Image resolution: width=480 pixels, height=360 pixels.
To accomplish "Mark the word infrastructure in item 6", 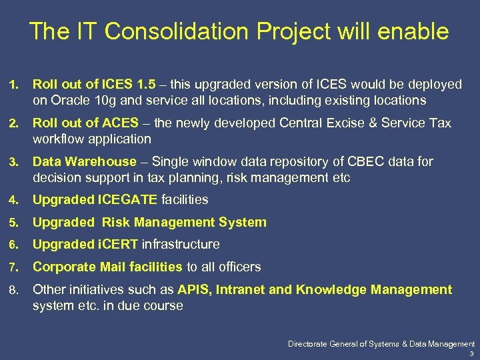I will (181, 245).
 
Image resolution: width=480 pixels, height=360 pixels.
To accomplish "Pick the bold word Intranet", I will (239, 290).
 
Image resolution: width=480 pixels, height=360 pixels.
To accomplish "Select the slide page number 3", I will (471, 353).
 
